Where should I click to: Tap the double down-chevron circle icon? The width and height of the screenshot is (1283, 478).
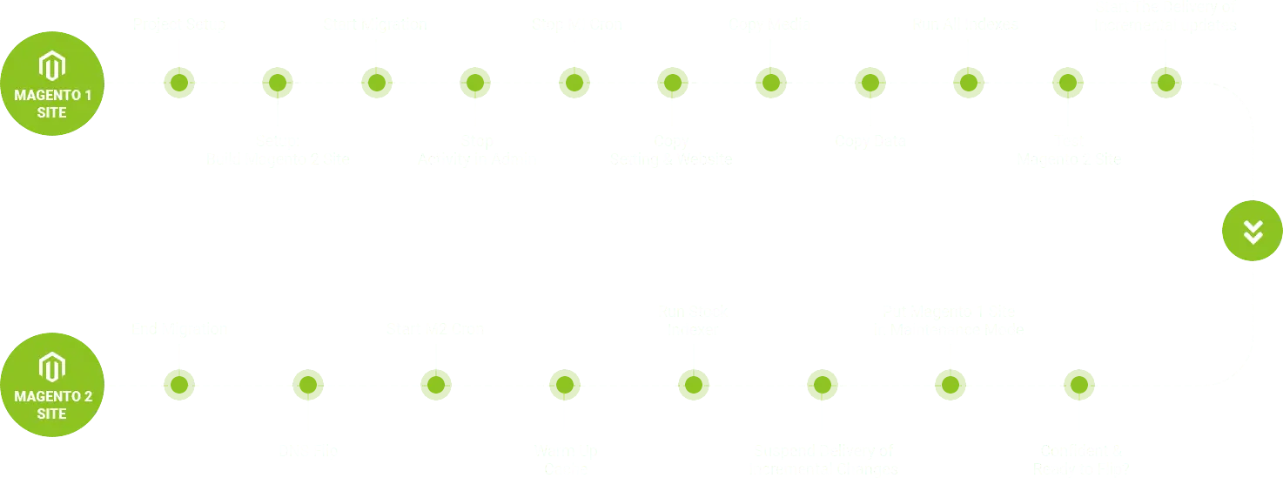pos(1253,231)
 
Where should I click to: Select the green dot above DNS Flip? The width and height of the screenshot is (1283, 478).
pos(308,385)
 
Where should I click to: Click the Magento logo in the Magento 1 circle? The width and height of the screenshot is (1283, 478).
pos(52,66)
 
